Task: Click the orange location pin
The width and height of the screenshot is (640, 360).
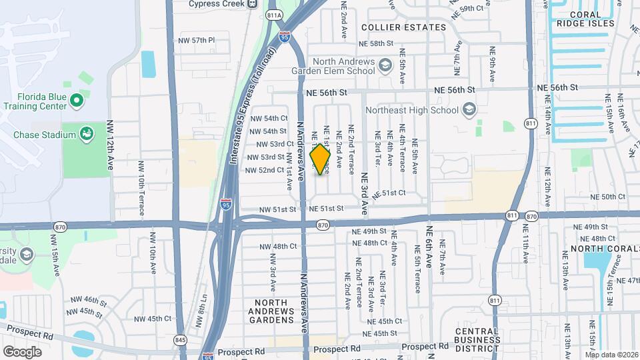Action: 321,159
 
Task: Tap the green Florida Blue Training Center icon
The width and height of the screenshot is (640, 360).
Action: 76,101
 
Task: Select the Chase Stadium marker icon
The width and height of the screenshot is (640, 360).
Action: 86,135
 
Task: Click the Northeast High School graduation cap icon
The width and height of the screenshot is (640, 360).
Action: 469,110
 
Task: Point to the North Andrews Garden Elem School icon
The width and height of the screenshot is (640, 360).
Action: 385,65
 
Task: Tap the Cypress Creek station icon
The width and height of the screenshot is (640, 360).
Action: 252,3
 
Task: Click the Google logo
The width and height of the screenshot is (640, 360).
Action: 22,352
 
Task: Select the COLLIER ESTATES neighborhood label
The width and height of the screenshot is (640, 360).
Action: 403,27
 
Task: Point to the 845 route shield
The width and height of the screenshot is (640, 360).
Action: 179,339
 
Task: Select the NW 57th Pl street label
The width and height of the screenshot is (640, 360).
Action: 197,41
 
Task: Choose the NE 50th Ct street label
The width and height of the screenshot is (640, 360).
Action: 609,197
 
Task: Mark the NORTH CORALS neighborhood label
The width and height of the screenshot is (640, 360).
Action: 597,250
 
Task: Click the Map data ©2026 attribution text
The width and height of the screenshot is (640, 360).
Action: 611,355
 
